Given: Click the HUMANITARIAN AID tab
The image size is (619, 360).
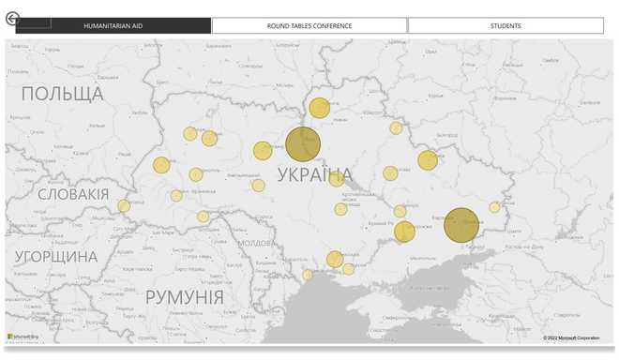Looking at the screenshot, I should click(113, 25).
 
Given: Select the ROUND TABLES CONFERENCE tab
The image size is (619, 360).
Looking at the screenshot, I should click(309, 25).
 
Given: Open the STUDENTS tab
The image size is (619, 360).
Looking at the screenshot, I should click(506, 25).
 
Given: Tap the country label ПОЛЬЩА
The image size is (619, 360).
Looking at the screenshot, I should click(62, 94).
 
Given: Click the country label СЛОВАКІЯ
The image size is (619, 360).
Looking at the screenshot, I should click(73, 194).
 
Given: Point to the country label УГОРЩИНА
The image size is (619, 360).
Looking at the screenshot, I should click(55, 256).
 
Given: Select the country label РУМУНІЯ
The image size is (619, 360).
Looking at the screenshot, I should click(184, 297).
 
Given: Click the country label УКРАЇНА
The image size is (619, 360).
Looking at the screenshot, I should click(315, 174).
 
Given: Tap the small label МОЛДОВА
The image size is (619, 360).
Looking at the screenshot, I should click(255, 242).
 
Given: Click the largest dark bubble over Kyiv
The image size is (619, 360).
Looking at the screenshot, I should click(303, 144).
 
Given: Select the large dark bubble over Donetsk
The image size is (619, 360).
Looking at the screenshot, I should click(461, 225).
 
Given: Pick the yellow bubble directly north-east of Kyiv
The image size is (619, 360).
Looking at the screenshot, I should click(320, 108).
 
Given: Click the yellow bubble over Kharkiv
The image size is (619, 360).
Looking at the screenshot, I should click(428, 160).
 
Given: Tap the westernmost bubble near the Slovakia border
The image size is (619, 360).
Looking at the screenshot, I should click(124, 205).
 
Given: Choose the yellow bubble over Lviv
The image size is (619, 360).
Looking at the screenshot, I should click(161, 165).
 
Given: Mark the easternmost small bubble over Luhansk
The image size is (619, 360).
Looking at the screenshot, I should click(494, 207).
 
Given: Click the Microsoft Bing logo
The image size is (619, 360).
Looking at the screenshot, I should click(23, 336).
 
